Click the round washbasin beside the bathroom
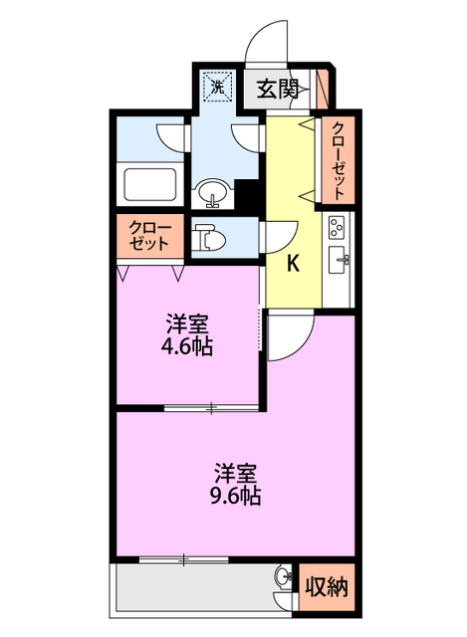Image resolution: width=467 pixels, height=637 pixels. [x=212, y=191]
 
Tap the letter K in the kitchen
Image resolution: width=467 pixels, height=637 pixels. [x=294, y=264]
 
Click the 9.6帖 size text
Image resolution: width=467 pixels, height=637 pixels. [x=235, y=495]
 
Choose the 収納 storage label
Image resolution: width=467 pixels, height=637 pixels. [x=327, y=586]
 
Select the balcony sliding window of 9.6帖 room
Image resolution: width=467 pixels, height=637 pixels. [x=184, y=560]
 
